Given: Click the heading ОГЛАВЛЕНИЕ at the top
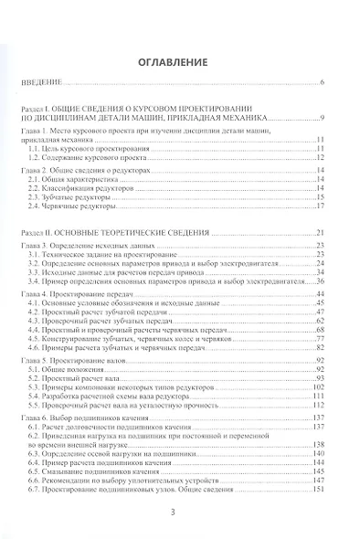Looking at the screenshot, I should click(179, 64).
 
